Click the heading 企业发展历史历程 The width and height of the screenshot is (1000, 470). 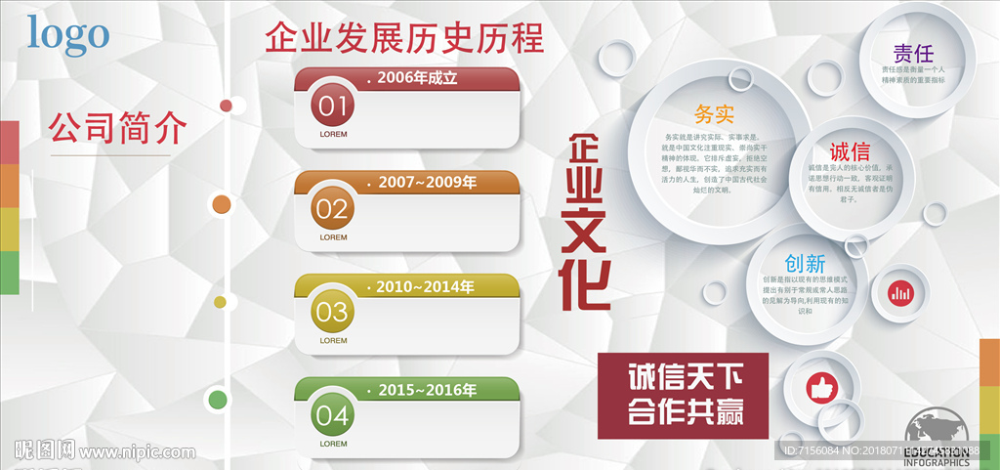pos(403,38)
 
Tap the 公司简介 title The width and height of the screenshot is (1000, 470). pos(117,127)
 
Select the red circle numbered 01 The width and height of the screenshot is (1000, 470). pos(332,104)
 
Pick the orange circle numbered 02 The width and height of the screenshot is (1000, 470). pos(332,207)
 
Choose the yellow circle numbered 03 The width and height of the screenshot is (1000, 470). pos(332,312)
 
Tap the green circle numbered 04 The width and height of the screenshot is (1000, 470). pos(332,415)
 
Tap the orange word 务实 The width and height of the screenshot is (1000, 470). pos(714,114)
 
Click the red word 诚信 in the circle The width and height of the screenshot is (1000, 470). pos(850,152)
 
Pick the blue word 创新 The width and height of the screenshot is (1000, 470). pos(806,263)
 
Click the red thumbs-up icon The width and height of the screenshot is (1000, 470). pos(821,388)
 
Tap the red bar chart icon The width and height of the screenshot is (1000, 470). pos(899,292)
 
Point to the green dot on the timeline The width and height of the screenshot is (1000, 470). pos(218,399)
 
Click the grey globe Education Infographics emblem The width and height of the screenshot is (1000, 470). pos(936,437)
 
